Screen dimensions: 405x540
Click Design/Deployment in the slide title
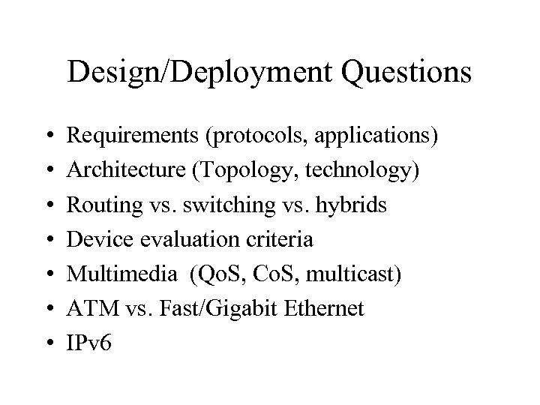pos(190,73)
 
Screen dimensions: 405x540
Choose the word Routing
pos(97,205)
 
